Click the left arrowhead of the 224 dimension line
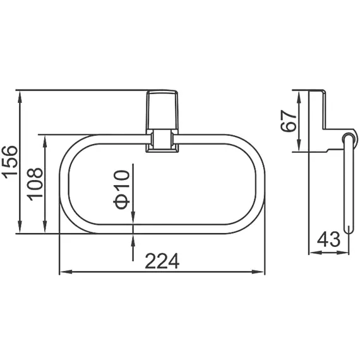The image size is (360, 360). tap(64, 273)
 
